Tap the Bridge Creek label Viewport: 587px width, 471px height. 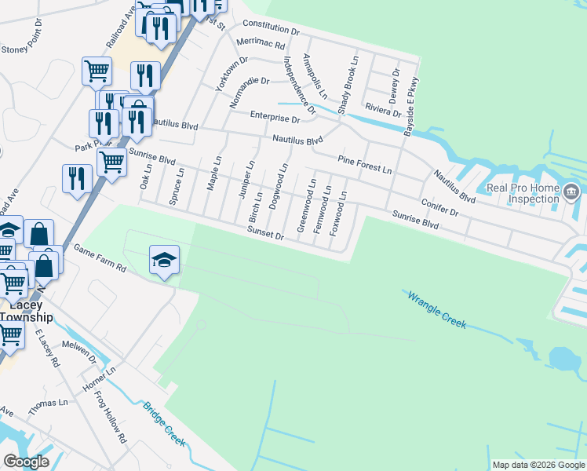[x=164, y=424]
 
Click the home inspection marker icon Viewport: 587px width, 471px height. [x=571, y=190]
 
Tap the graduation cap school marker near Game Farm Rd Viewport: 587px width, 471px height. [x=164, y=260]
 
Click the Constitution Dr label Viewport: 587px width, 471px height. [x=272, y=28]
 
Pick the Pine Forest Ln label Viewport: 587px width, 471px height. [x=364, y=164]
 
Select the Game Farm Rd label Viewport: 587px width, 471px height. [x=100, y=257]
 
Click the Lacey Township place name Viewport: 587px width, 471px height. [x=25, y=311]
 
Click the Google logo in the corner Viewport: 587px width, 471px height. [x=26, y=462]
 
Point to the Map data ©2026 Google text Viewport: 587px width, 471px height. [x=538, y=465]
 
